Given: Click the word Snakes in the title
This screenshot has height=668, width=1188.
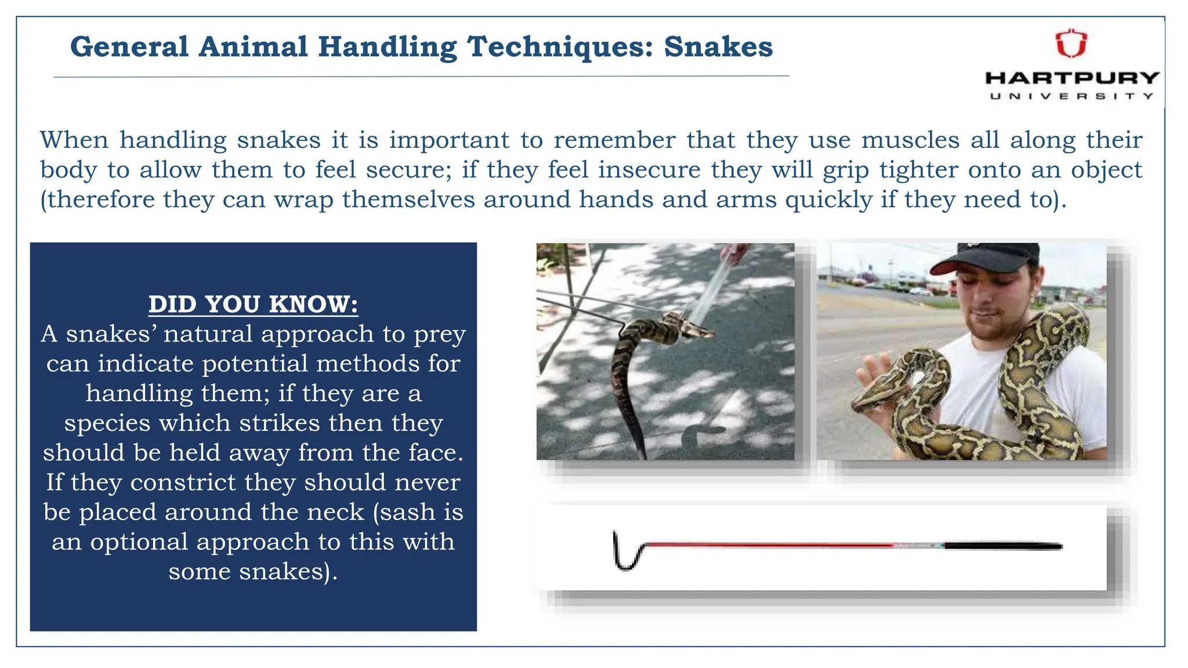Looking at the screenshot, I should coord(718,46).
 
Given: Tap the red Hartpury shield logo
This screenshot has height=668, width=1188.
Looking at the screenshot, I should coord(1071,44).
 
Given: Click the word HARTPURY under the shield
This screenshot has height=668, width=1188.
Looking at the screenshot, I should coord(1072,78).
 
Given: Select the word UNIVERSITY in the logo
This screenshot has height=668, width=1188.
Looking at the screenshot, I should coord(1072,96).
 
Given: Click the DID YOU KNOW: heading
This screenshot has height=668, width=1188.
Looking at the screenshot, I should coord(253,304).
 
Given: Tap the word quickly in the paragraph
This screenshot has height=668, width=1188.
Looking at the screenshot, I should coord(829,200).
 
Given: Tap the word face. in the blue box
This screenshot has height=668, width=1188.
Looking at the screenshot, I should coord(435,453).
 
